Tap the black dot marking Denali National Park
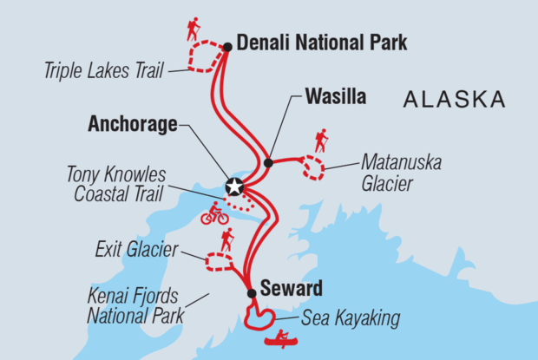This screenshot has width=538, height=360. [226, 47]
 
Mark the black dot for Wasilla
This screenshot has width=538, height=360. [268, 162]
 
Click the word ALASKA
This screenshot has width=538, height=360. [454, 101]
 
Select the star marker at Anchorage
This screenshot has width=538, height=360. [233, 187]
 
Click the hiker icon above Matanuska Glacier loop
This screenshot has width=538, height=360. [321, 141]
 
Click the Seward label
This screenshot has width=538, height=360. [291, 288]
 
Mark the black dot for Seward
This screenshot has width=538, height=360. [252, 293]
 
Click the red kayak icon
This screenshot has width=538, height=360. [280, 338]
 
